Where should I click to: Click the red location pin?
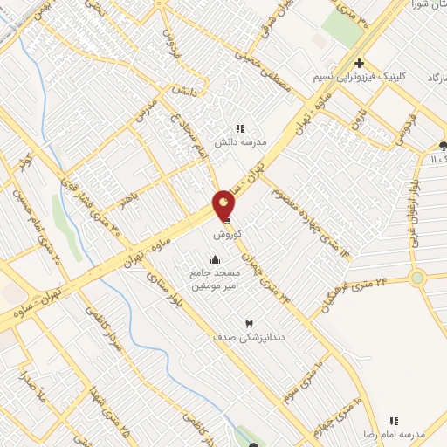[x=224, y=206]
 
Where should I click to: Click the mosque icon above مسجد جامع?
[x=215, y=259]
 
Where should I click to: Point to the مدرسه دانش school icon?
[x=240, y=128]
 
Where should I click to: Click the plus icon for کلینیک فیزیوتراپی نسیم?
[x=359, y=63]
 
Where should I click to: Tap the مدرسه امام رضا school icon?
[x=394, y=420]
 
